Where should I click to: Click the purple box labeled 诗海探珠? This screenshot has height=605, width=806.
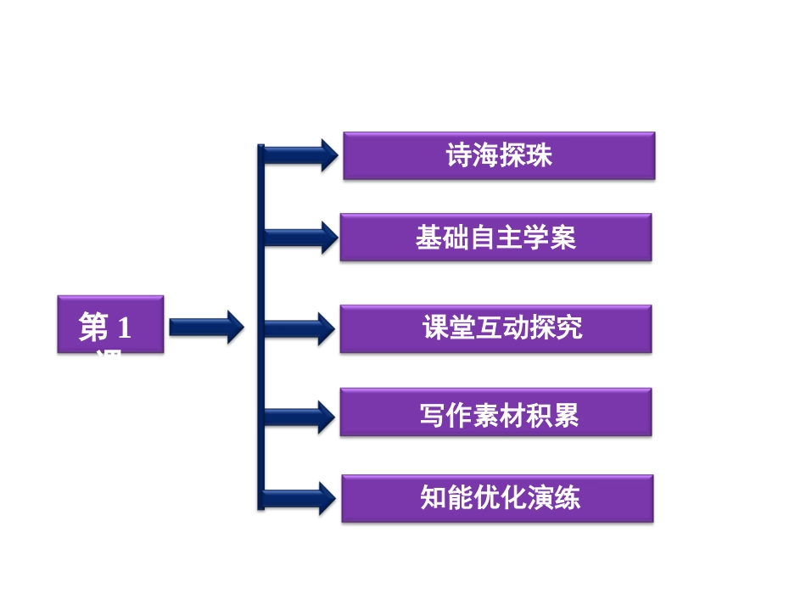coord(499,155)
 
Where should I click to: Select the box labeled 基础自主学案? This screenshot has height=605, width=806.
coord(495,237)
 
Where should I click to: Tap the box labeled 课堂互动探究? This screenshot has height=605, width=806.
coord(495,328)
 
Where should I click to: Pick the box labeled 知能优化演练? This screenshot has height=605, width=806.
coord(497,498)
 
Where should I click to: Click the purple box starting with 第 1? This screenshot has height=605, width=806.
coord(110,324)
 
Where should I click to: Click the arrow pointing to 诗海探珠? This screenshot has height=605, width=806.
coord(301,155)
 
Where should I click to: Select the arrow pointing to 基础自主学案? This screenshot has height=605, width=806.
coord(301,237)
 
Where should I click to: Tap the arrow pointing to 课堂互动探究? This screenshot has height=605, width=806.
coord(301,328)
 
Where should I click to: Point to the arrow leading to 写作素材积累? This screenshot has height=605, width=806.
coord(301,417)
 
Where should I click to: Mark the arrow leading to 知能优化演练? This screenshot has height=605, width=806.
coord(301,498)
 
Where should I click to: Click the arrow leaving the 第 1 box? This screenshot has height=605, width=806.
coord(206,327)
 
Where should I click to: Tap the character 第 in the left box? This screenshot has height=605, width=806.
coord(93,328)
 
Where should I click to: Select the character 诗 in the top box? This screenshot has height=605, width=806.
coord(459,156)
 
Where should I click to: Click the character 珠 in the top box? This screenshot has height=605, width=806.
coord(540,156)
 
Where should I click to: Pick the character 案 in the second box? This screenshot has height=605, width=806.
coord(563,238)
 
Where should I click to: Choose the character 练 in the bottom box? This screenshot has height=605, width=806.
coord(568,498)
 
